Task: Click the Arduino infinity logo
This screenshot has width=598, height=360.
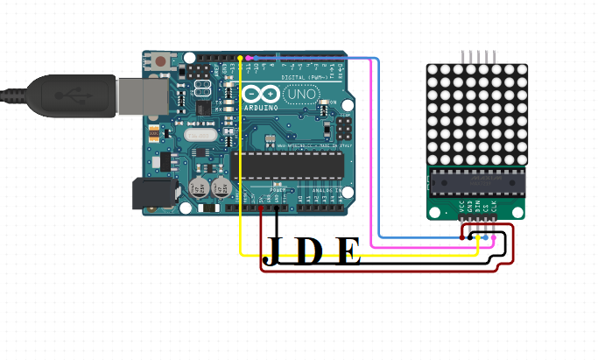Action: tap(257, 93)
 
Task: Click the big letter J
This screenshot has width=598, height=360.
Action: tap(273, 251)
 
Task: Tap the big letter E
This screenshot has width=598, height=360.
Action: tap(348, 251)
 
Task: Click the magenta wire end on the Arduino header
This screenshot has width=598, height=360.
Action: tap(249, 57)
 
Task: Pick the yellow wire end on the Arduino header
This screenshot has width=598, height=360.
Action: tap(240, 58)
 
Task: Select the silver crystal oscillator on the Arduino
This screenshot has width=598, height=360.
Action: tap(199, 135)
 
